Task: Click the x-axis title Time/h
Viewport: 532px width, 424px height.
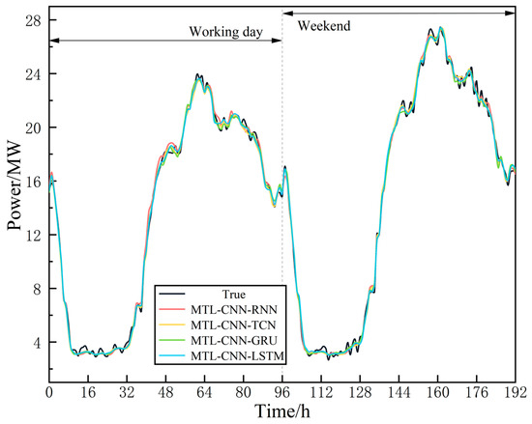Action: tap(281, 412)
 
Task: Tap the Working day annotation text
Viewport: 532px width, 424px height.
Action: tap(225, 31)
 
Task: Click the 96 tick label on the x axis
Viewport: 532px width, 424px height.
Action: tap(282, 393)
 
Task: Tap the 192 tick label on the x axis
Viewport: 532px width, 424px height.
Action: tap(514, 393)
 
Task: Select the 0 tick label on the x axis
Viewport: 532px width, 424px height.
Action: tap(48, 393)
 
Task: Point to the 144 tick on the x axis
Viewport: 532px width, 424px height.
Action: tap(399, 393)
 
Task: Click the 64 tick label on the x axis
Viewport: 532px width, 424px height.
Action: tap(204, 393)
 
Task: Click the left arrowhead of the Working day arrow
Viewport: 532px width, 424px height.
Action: tap(52, 40)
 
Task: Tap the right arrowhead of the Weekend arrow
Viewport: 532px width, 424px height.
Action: tap(513, 12)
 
